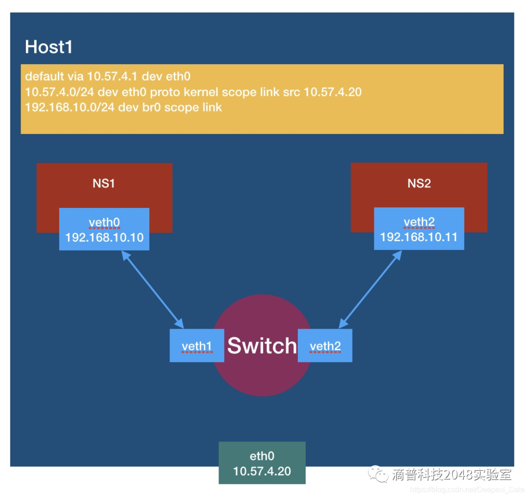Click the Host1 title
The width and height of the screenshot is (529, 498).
pos(48,47)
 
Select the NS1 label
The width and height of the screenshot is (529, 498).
pos(104,183)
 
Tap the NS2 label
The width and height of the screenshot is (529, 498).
pos(419,183)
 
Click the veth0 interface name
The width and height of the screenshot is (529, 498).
pos(104,223)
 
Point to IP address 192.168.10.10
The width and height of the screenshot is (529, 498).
pos(104,238)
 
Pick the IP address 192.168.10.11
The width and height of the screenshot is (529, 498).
pos(419,238)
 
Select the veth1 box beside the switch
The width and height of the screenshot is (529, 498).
pos(196,346)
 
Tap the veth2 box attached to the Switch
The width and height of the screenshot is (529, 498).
pos(325,346)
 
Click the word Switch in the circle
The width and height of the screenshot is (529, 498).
pos(262,346)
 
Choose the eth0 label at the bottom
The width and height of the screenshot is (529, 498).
pos(262,456)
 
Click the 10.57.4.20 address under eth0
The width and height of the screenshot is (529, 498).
pos(262,471)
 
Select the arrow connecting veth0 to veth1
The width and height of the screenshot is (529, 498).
pos(153,290)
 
